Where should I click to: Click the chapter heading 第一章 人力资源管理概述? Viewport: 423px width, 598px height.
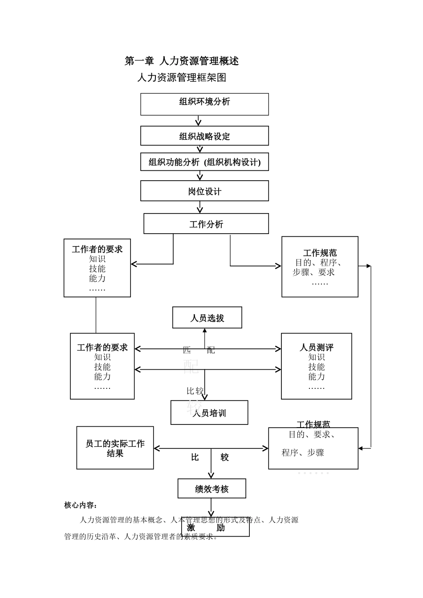click(x=182, y=61)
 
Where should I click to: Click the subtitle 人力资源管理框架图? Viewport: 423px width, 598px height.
click(x=182, y=77)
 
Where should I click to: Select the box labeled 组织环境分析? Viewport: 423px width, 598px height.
click(x=204, y=104)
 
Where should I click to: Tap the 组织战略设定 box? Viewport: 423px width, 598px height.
click(x=204, y=136)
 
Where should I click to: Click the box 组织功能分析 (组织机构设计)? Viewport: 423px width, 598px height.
click(x=204, y=162)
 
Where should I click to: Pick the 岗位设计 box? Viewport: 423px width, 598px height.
click(x=204, y=191)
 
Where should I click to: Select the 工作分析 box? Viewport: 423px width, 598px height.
click(x=206, y=224)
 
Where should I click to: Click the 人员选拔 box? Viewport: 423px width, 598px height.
click(x=207, y=318)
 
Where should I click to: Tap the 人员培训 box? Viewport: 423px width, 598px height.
click(x=209, y=413)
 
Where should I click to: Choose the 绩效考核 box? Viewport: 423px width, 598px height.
click(x=211, y=489)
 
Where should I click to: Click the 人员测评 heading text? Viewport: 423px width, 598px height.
click(x=316, y=347)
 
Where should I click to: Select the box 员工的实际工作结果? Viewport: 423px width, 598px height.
click(x=115, y=448)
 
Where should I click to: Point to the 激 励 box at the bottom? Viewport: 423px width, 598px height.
click(x=216, y=528)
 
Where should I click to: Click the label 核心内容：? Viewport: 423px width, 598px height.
click(x=81, y=505)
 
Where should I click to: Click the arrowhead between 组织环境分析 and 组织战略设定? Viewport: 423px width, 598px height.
click(x=199, y=122)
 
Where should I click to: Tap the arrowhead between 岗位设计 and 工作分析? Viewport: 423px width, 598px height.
click(x=200, y=210)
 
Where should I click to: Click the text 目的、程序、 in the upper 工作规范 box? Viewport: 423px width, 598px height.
click(x=319, y=263)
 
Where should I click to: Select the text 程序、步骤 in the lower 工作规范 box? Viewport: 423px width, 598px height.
click(x=303, y=453)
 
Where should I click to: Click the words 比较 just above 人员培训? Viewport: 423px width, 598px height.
click(x=195, y=391)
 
